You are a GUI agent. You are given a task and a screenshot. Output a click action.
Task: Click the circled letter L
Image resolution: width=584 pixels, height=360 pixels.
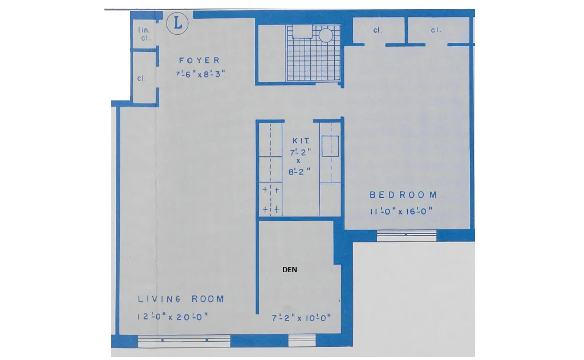[178, 24]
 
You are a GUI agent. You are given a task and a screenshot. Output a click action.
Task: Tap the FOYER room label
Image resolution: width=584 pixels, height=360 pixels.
[199, 60]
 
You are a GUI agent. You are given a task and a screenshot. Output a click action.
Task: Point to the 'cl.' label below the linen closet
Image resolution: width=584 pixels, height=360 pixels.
[141, 78]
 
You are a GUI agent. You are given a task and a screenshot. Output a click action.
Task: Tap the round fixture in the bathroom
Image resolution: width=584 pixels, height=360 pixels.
[326, 35]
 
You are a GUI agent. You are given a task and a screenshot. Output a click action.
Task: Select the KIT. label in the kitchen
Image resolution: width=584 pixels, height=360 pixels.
[301, 140]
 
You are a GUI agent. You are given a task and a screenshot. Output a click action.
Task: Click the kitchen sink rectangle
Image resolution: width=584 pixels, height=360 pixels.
[330, 147]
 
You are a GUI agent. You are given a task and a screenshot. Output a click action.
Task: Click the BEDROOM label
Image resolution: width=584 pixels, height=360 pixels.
[403, 195]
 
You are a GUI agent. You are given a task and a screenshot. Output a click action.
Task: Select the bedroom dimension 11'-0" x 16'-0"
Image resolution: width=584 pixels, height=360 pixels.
[401, 211]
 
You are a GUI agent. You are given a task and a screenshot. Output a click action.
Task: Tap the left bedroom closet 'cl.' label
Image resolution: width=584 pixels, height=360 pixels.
[377, 31]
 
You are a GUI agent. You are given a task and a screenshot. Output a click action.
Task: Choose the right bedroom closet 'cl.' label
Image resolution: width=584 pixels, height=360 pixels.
[436, 31]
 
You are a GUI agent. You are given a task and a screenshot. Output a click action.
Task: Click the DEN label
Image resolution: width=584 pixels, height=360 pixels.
[290, 270]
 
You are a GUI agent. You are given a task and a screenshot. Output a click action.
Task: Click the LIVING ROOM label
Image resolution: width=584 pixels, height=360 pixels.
[181, 299]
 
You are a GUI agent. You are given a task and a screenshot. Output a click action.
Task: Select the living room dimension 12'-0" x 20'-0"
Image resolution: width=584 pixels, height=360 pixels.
[172, 317]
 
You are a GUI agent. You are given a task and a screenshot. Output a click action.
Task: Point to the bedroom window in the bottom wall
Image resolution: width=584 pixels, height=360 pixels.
[407, 236]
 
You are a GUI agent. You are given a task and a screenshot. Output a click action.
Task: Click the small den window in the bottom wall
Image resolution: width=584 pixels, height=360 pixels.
[302, 341]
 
